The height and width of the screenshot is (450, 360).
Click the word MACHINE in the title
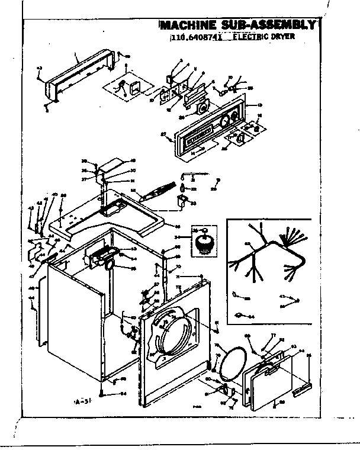point(189,25)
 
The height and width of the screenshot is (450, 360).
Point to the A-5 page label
point(81,402)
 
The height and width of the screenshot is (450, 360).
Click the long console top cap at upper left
point(80,74)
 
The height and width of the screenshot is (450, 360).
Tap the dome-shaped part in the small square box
point(203,241)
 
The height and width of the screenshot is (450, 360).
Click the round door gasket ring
point(233,363)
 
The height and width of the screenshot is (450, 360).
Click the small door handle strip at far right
point(303,389)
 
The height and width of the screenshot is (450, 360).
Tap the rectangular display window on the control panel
point(198,136)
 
